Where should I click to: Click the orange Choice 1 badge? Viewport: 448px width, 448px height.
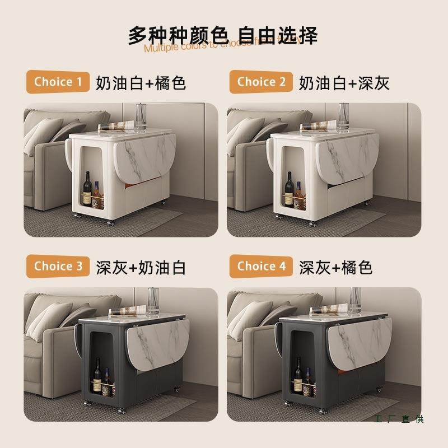(58, 82)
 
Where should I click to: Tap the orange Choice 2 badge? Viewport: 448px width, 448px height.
(261, 82)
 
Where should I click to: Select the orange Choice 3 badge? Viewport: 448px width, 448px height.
(58, 267)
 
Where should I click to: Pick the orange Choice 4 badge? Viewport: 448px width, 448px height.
(261, 267)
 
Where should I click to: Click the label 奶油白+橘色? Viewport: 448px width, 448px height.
(141, 83)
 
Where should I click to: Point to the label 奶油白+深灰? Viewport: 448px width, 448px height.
(344, 83)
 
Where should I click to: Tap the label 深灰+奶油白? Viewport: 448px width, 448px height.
(141, 267)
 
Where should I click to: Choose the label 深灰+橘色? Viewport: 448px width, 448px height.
(336, 267)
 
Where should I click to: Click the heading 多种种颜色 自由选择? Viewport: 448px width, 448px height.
(223, 35)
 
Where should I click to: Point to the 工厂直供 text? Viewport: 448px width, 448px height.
(398, 419)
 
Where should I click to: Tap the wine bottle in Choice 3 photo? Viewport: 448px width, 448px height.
(96, 376)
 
